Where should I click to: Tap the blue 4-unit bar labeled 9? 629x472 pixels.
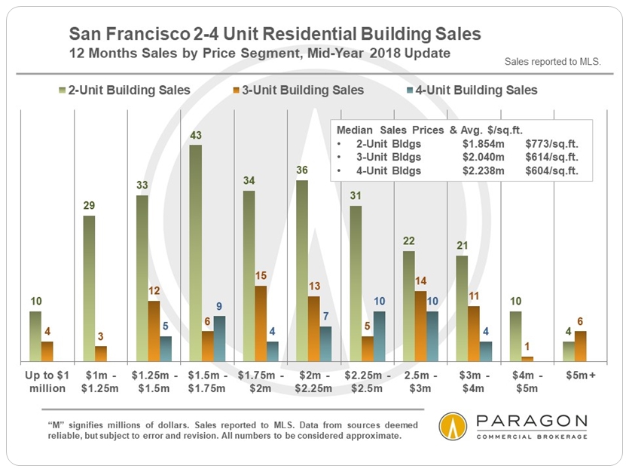point(218,339)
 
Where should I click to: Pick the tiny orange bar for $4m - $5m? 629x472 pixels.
point(527,359)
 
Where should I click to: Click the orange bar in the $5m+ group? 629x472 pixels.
point(581,346)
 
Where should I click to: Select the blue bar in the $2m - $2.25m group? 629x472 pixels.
point(325,344)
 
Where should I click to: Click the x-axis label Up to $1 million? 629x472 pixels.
point(46,382)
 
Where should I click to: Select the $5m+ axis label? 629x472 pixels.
point(580,375)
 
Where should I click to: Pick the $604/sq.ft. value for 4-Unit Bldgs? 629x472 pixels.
point(552,170)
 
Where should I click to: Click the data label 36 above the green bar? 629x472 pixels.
point(302,171)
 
